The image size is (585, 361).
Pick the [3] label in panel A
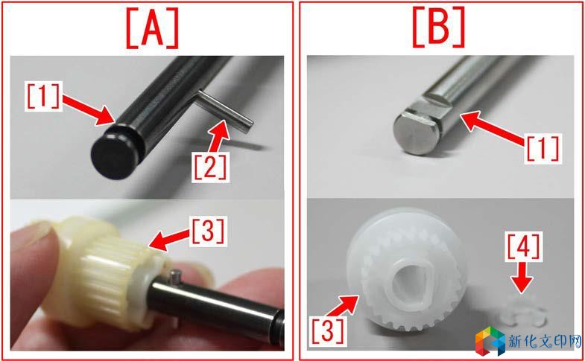pos(208,231)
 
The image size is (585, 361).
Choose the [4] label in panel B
pos(522,246)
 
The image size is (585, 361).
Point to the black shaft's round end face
pos(112,158)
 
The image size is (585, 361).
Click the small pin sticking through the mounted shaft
pos(174,278)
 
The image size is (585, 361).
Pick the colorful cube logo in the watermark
pos(490,341)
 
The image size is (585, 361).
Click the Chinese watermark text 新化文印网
pos(545,342)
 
